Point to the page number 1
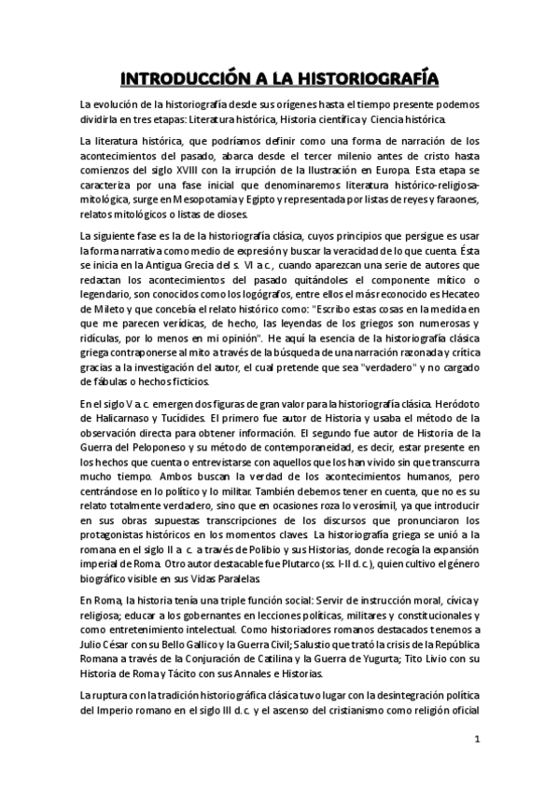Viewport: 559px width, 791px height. (477, 741)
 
